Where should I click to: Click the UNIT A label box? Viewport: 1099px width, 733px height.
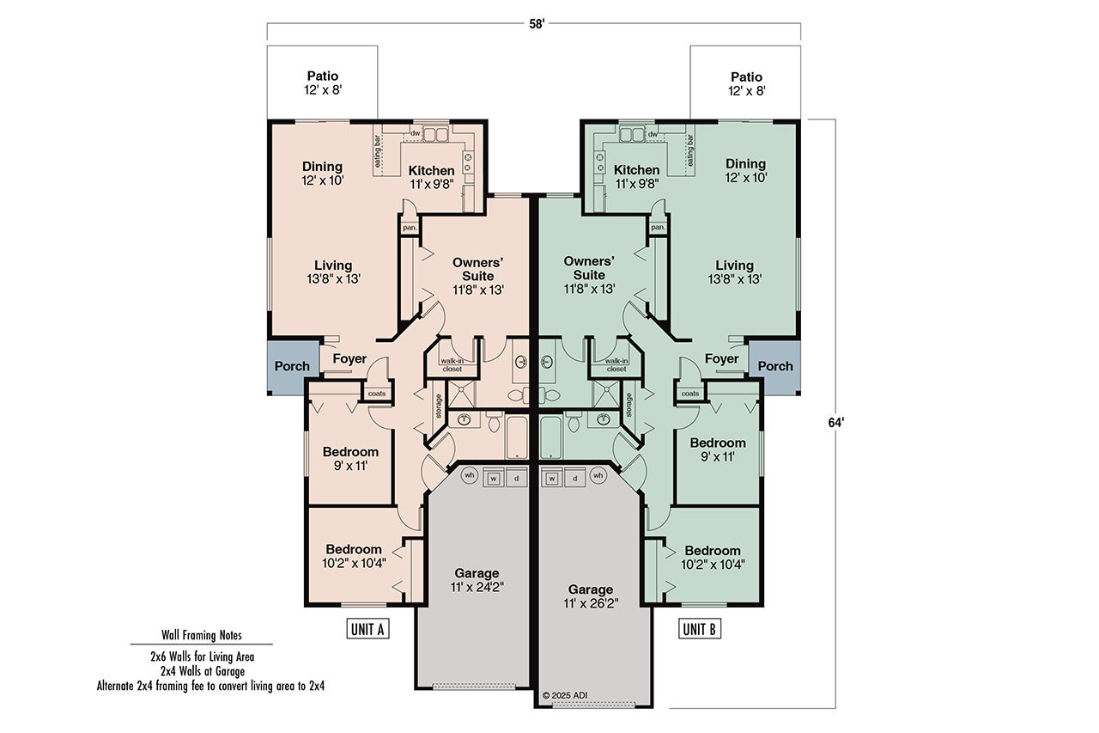coord(367,629)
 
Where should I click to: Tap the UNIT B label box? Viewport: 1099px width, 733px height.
coord(699,629)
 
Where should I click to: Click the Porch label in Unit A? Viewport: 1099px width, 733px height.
coord(292,366)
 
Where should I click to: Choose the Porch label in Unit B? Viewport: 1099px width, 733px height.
coord(775,366)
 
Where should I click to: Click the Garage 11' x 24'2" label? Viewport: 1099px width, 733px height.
coord(477,581)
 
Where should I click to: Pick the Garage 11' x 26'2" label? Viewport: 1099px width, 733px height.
coord(591,596)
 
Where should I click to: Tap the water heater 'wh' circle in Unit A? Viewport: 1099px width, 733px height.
coord(470,476)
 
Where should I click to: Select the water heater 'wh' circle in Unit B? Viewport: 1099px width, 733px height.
coord(598,476)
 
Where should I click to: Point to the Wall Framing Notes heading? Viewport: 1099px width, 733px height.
coord(202,636)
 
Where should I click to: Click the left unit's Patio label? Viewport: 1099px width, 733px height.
coord(323,83)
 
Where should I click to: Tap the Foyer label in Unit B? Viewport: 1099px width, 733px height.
coord(721,358)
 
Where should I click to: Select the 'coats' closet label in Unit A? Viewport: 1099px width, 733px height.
coord(378,394)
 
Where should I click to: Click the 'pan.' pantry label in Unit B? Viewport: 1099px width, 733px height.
coord(658,228)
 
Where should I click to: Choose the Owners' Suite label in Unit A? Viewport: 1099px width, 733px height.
coord(477,275)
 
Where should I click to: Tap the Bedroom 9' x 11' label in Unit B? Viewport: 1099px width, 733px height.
coord(718,449)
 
